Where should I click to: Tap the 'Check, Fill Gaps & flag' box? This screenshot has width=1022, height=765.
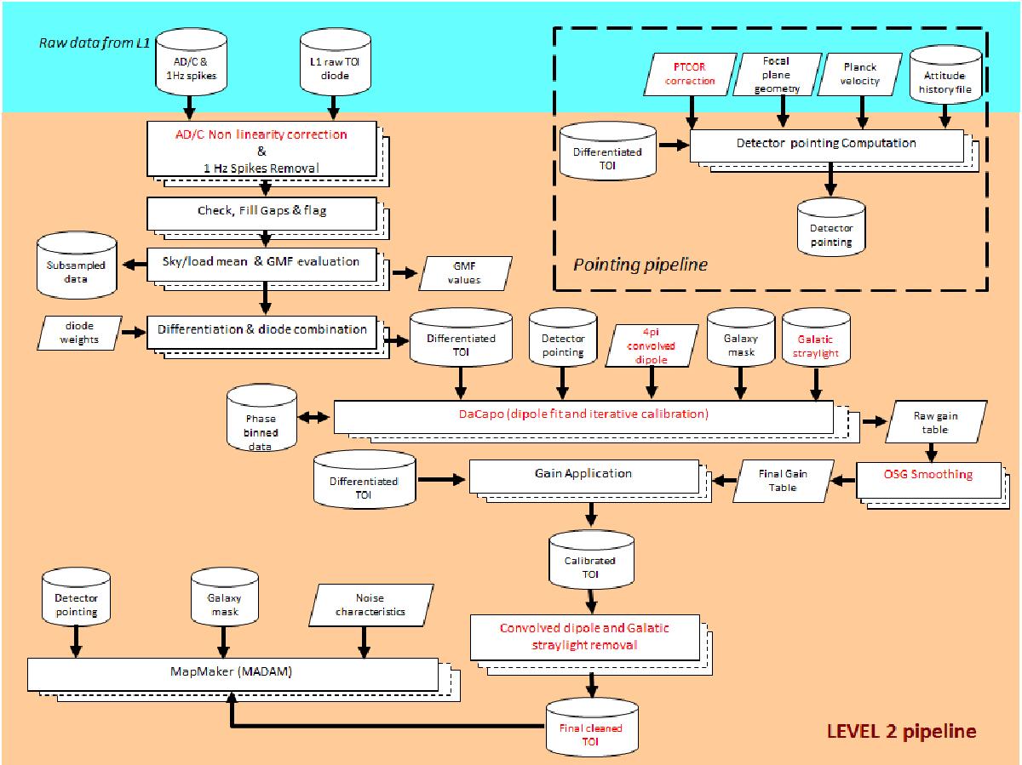tap(261, 214)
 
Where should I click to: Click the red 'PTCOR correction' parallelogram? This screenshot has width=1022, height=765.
tap(693, 75)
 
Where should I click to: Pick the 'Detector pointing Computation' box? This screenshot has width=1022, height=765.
tap(825, 144)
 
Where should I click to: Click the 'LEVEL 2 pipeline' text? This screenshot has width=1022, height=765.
tap(902, 730)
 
